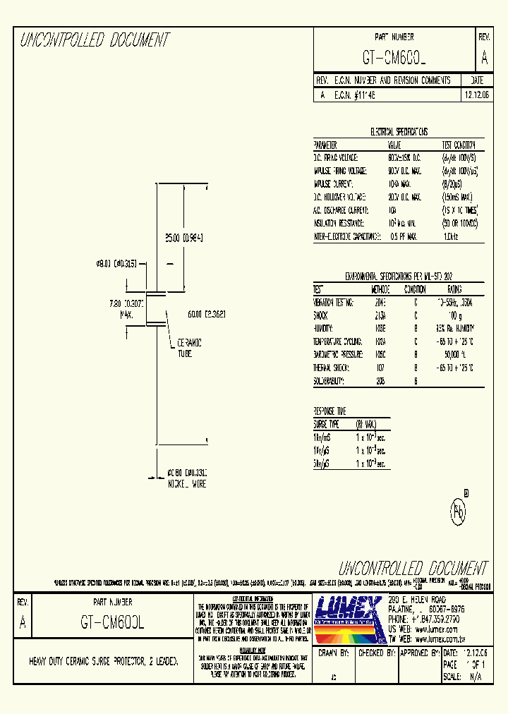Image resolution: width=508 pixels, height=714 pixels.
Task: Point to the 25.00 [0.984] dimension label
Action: click(183, 238)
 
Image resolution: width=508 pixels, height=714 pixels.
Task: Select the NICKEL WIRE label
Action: click(186, 485)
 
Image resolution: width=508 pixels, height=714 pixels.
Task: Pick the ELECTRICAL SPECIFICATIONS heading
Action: click(399, 132)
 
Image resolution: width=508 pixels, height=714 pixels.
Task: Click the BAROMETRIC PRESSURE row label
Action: click(338, 354)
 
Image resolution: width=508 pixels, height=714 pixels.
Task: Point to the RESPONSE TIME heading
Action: click(330, 411)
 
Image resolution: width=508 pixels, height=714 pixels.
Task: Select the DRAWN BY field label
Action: click(336, 654)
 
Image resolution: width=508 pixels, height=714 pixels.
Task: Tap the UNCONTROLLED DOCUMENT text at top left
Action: click(94, 40)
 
